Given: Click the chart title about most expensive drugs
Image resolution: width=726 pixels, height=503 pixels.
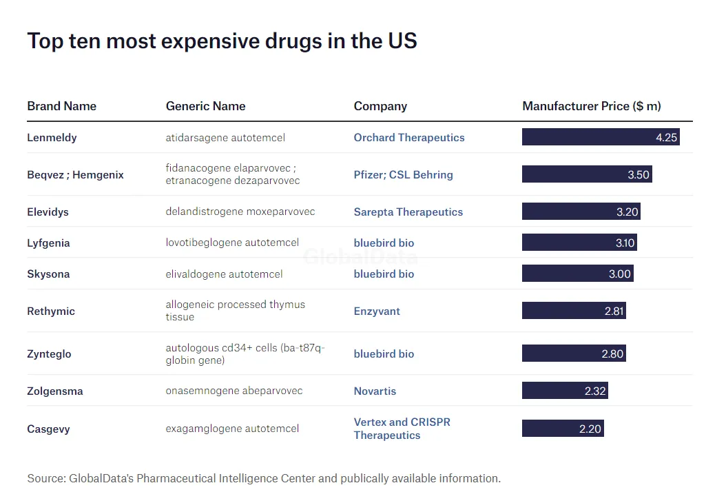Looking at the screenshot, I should (x=222, y=41).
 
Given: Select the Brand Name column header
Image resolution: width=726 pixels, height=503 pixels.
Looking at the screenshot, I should (x=61, y=106).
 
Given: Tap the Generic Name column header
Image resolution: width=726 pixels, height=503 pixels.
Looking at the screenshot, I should (x=205, y=106).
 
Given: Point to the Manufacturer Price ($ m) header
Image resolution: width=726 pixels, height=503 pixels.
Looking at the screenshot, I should (x=591, y=106).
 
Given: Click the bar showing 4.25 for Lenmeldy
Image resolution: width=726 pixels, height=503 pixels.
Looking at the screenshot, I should (x=601, y=137).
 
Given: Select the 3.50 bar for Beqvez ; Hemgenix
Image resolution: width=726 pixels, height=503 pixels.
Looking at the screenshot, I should (x=586, y=174).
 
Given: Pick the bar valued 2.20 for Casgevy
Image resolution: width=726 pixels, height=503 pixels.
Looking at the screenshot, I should (x=562, y=429).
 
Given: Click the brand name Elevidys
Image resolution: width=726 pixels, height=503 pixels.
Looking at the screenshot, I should (x=48, y=212).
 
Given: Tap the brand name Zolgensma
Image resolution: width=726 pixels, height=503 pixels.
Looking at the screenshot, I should (x=54, y=391).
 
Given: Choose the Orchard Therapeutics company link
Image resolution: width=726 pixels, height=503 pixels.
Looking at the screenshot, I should (x=409, y=138).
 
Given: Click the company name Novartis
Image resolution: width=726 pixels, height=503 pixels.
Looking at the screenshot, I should (x=375, y=391).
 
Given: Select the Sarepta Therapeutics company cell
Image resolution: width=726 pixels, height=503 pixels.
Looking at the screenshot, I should (x=408, y=212).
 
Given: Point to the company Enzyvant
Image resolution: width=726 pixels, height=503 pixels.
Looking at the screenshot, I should (x=377, y=311).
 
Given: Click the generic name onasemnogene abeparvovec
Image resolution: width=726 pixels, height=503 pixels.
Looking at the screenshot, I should (x=234, y=391).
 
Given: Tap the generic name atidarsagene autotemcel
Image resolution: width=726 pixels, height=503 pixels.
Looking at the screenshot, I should (x=225, y=138).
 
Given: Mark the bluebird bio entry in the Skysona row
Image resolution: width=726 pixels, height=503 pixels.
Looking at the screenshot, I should (x=384, y=274).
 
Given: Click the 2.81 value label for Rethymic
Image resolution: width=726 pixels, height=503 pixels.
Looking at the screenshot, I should (x=614, y=311).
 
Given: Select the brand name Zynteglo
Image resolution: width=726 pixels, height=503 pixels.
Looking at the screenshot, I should (x=49, y=354).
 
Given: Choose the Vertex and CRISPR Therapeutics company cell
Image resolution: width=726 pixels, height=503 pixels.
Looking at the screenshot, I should (x=402, y=429).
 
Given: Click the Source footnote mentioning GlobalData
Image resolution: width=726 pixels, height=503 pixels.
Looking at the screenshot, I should (x=264, y=478).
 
